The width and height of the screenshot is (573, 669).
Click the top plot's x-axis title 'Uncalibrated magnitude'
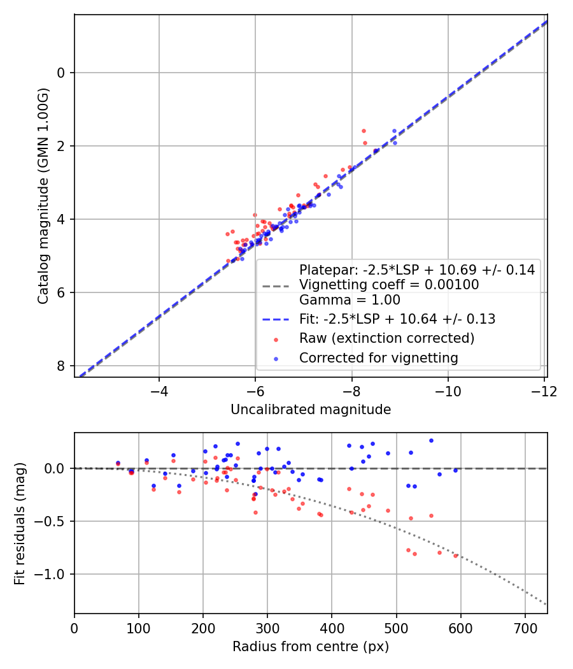311,410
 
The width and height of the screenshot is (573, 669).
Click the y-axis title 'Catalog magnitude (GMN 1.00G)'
43,196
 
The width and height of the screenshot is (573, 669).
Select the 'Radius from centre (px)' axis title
311,647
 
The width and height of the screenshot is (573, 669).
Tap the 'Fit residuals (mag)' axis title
20,523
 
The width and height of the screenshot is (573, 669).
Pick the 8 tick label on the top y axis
61,366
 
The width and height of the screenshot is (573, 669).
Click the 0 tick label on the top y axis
61,73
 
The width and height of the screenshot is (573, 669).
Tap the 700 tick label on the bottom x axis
525,628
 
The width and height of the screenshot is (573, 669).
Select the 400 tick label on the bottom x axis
332,628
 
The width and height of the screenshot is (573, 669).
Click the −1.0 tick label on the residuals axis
53,575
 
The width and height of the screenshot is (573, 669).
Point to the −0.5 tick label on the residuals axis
53,521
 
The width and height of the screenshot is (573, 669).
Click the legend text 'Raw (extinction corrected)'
387,338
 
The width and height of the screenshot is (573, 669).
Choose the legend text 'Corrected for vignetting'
379,358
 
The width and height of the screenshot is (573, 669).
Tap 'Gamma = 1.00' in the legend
350,299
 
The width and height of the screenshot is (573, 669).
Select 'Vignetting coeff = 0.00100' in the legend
389,285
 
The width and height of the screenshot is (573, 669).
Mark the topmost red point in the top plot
364,131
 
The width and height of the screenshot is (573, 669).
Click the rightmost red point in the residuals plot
455,556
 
